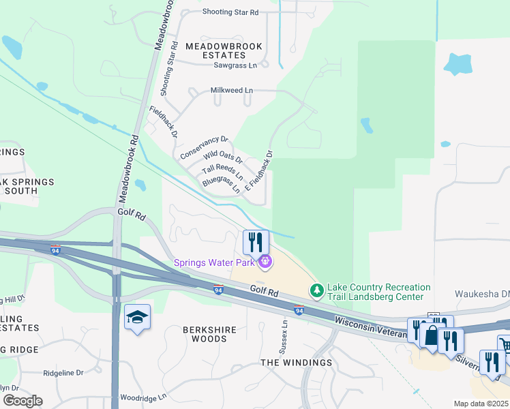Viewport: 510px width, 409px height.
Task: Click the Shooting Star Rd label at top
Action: click(x=230, y=12)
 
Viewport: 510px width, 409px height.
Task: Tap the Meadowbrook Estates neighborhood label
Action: click(x=215, y=50)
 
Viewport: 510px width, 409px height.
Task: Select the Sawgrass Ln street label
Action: click(x=235, y=65)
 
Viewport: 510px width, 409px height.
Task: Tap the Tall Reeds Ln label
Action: click(x=225, y=172)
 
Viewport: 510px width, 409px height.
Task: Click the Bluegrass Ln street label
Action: click(x=221, y=184)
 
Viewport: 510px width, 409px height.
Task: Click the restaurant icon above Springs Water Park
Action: click(x=256, y=242)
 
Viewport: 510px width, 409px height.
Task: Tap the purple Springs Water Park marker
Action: click(x=265, y=260)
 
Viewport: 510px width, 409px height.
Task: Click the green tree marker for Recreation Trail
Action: click(x=316, y=291)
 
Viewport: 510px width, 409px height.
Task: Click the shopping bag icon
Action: click(x=432, y=335)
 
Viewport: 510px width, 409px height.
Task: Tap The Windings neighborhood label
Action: click(x=296, y=362)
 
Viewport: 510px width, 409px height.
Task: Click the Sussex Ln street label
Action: click(x=285, y=337)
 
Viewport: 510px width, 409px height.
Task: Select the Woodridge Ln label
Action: click(x=143, y=397)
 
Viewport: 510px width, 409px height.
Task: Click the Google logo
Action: click(x=22, y=401)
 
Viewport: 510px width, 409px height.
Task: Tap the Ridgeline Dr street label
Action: click(x=63, y=373)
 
